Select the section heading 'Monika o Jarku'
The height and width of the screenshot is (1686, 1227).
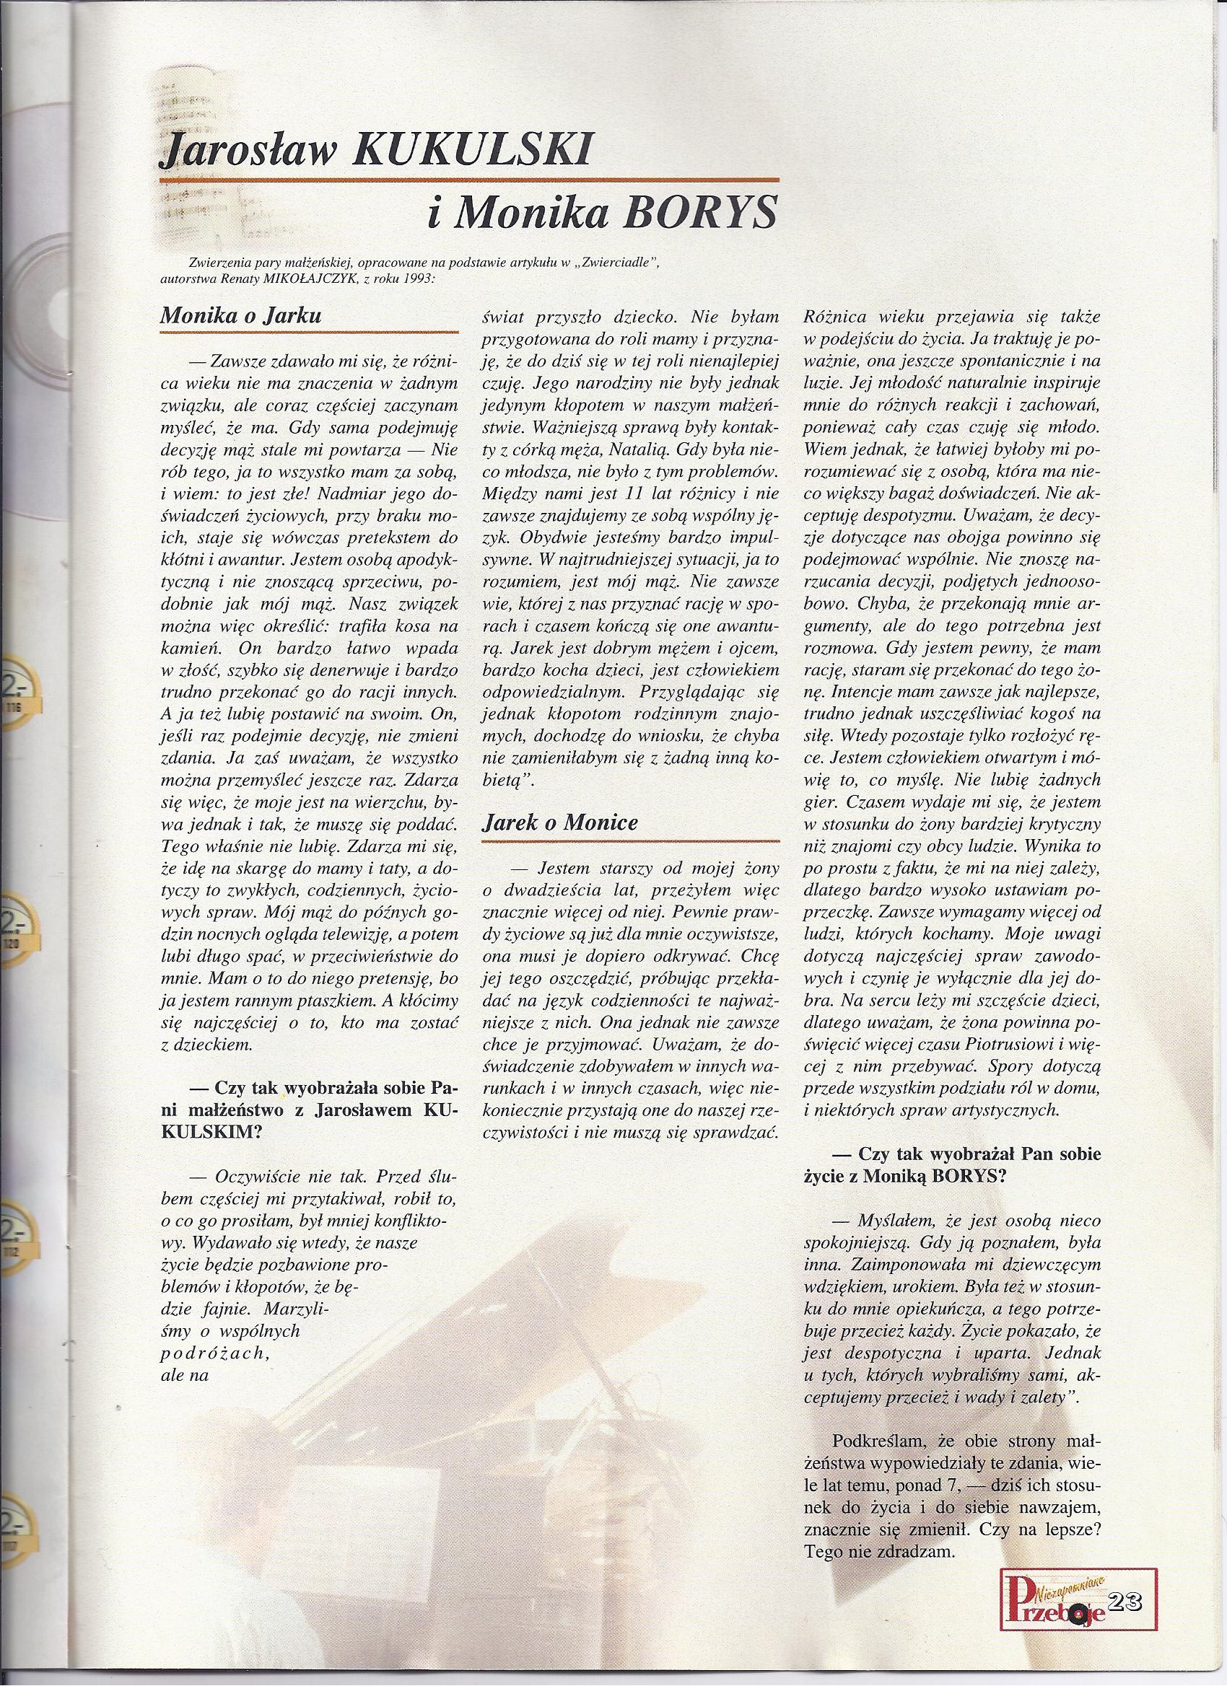pos(241,315)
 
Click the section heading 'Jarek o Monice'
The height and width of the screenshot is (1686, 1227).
pos(560,823)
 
